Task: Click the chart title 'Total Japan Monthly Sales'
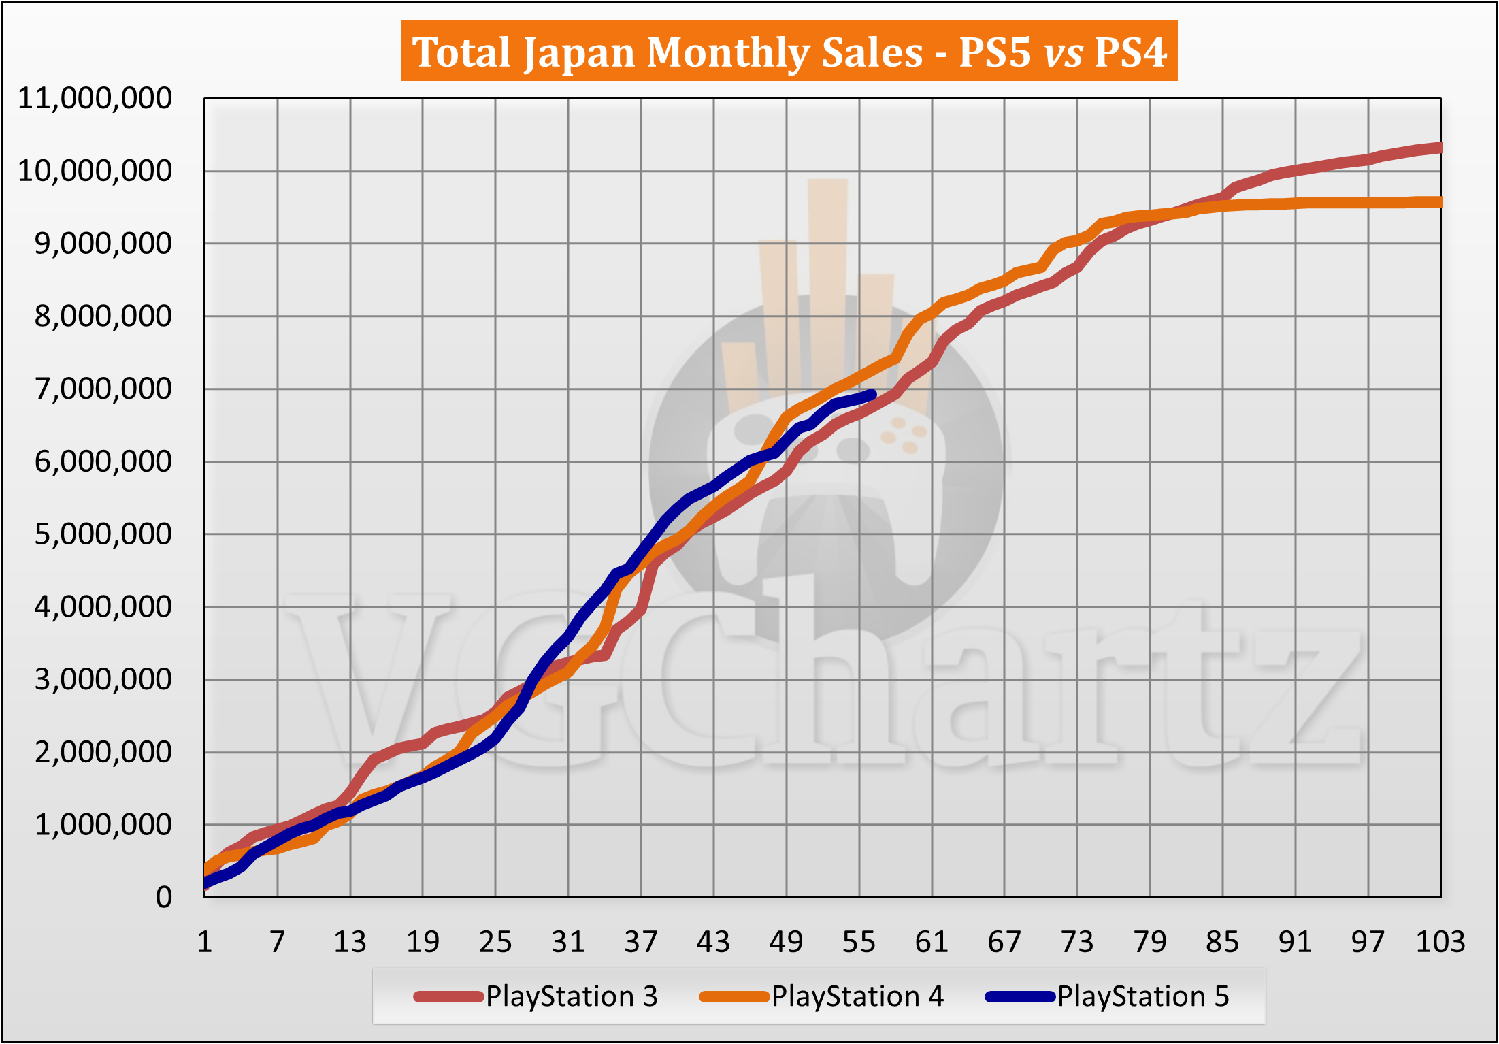pyautogui.click(x=667, y=52)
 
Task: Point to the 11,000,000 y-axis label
pyautogui.click(x=95, y=99)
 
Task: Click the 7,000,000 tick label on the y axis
pyautogui.click(x=103, y=389)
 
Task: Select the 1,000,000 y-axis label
pyautogui.click(x=103, y=825)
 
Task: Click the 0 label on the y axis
pyautogui.click(x=163, y=898)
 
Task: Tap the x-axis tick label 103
pyautogui.click(x=1440, y=943)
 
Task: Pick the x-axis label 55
pyautogui.click(x=859, y=943)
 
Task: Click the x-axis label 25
pyautogui.click(x=495, y=943)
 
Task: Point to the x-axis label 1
pyautogui.click(x=205, y=943)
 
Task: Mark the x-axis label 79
pyautogui.click(x=1150, y=943)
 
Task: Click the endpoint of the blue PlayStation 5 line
pyautogui.click(x=872, y=394)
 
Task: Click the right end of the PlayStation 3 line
pyautogui.click(x=1439, y=148)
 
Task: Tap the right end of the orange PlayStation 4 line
pyautogui.click(x=1439, y=202)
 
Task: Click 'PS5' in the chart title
pyautogui.click(x=995, y=52)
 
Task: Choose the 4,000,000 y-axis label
pyautogui.click(x=103, y=607)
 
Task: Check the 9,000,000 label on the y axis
pyautogui.click(x=103, y=244)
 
